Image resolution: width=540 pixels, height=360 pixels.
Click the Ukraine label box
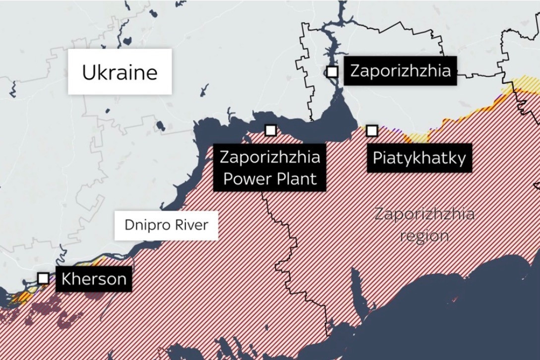coord(120,72)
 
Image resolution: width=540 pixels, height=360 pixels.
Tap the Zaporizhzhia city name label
coord(400,70)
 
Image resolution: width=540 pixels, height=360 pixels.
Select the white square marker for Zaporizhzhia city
coord(332,72)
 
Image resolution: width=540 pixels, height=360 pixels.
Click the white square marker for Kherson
coord(44,278)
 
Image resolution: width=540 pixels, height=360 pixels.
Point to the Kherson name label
coord(94,279)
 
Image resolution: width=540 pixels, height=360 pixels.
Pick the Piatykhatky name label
coord(419,158)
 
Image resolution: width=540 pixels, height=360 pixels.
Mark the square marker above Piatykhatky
coord(372,131)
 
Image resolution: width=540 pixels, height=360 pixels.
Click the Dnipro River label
coord(166,225)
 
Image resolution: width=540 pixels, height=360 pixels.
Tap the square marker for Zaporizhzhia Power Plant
coord(270,130)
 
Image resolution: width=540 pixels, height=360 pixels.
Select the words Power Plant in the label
coord(270,179)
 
